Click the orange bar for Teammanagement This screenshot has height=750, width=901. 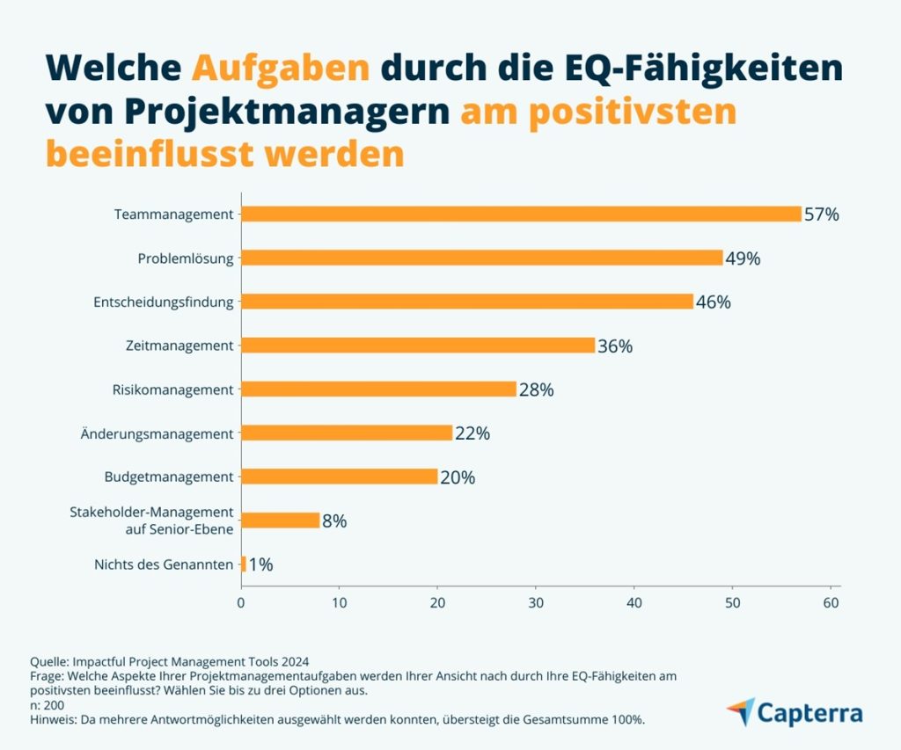click(x=521, y=214)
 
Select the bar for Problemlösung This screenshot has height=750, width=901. click(x=481, y=258)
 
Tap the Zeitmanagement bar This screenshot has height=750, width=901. click(x=418, y=346)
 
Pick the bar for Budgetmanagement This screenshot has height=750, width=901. click(x=340, y=477)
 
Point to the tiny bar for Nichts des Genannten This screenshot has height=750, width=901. click(x=244, y=564)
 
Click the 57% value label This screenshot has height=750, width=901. click(x=821, y=215)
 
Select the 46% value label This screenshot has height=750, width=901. click(x=713, y=302)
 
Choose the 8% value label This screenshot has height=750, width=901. click(x=334, y=521)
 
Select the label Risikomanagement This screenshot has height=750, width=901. click(x=173, y=390)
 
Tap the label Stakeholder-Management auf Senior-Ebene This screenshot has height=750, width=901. click(x=151, y=520)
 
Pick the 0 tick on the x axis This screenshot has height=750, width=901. click(x=241, y=603)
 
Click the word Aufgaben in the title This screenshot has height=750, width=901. click(x=281, y=68)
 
